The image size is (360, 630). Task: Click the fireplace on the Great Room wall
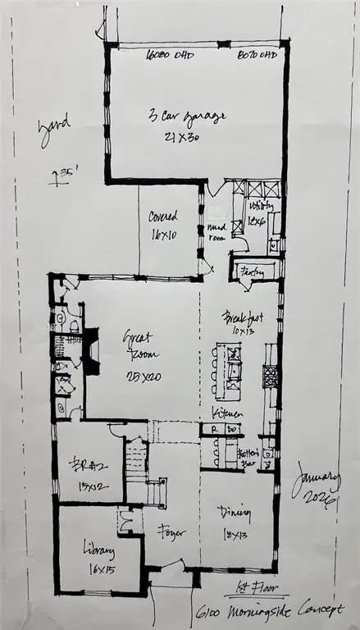pyautogui.click(x=92, y=351)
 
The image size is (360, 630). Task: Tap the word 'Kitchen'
pyautogui.click(x=226, y=412)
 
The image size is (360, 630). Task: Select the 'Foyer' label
pyautogui.click(x=170, y=532)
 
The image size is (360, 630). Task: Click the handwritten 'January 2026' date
pyautogui.click(x=317, y=486)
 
